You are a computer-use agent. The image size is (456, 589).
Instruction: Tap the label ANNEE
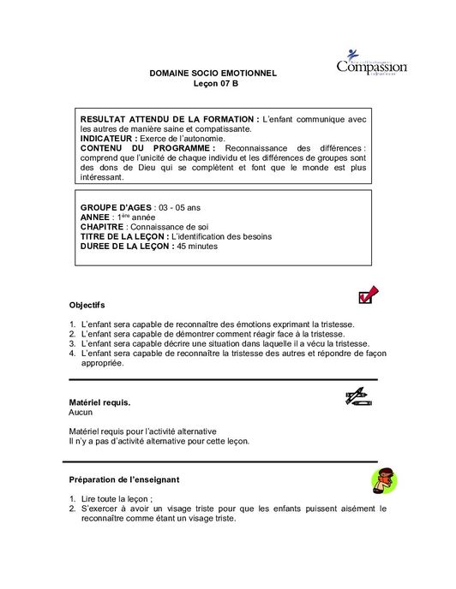pos(94,217)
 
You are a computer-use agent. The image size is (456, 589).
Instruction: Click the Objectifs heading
pos(87,305)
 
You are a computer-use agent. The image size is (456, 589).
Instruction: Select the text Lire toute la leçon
pos(117,498)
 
